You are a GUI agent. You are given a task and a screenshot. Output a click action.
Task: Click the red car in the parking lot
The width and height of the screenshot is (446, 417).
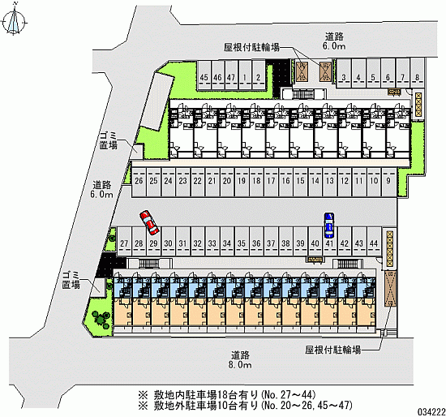pyautogui.click(x=149, y=223)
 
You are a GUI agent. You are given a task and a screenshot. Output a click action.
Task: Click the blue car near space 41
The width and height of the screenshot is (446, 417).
pyautogui.click(x=329, y=226)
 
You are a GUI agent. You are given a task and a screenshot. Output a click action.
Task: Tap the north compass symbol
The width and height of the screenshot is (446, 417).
pyautogui.click(x=14, y=20)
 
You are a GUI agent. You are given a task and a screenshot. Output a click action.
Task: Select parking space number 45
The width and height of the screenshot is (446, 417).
pyautogui.click(x=204, y=75)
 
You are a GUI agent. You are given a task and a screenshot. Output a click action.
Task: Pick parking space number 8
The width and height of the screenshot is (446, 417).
pyautogui.click(x=418, y=73)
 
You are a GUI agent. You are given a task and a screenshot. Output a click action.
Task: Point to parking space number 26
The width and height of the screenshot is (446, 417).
pyautogui.click(x=139, y=182)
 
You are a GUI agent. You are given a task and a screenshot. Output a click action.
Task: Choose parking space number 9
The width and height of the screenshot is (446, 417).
pyautogui.click(x=388, y=182)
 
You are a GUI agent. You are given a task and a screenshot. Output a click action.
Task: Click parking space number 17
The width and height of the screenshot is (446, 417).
pyautogui.click(x=271, y=182)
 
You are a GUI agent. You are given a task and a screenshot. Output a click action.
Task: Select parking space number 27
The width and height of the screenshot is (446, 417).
pyautogui.click(x=124, y=241)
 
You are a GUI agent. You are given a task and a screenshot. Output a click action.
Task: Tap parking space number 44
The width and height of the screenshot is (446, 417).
pyautogui.click(x=374, y=241)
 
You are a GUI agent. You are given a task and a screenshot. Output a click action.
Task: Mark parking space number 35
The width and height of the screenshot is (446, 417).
pyautogui.click(x=242, y=241)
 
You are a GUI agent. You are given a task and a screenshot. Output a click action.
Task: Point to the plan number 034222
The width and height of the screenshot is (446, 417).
pyautogui.click(x=431, y=411)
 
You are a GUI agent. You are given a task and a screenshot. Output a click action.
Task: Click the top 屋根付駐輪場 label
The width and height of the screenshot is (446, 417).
pyautogui.click(x=251, y=48)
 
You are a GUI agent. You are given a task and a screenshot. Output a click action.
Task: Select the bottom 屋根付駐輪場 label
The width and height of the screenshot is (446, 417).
pyautogui.click(x=333, y=350)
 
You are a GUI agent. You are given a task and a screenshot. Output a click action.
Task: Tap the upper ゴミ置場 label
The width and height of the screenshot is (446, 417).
pyautogui.click(x=109, y=140)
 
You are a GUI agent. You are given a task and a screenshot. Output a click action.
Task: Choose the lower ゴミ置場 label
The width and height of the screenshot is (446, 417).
pyautogui.click(x=71, y=280)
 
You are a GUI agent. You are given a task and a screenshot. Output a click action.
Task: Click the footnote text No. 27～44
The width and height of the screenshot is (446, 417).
pyautogui.click(x=288, y=395)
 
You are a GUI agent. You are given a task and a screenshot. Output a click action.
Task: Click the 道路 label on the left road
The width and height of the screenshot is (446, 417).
pyautogui.click(x=102, y=185)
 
